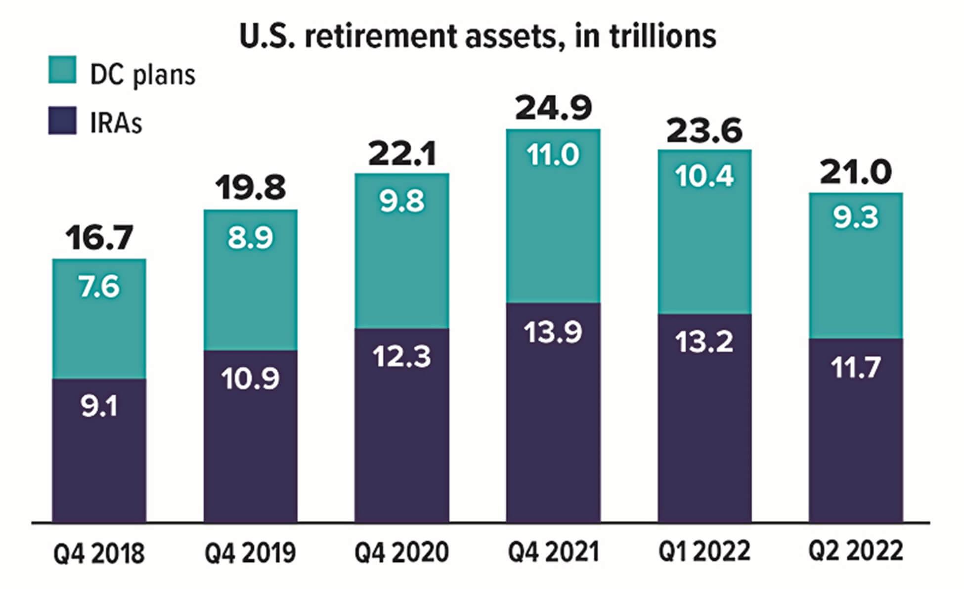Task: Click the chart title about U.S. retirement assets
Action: tap(478, 36)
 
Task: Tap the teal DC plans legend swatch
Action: tap(62, 70)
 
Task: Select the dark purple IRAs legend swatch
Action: tap(62, 121)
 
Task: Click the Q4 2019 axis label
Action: tap(250, 552)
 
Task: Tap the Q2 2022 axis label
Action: tap(856, 550)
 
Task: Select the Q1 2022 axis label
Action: tap(704, 550)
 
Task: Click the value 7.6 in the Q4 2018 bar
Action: tap(99, 287)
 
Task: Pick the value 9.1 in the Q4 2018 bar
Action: tap(99, 407)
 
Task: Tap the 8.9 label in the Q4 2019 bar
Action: tap(250, 238)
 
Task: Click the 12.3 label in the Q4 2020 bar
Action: tap(401, 356)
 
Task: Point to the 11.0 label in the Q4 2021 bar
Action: tap(553, 155)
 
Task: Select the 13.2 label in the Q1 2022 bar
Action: tap(704, 341)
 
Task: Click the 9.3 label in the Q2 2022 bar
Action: tap(856, 217)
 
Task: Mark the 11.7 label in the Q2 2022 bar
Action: tap(856, 368)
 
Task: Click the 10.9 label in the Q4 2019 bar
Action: tap(250, 379)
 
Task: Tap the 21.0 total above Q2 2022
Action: tap(856, 172)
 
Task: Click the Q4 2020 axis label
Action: tap(401, 552)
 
